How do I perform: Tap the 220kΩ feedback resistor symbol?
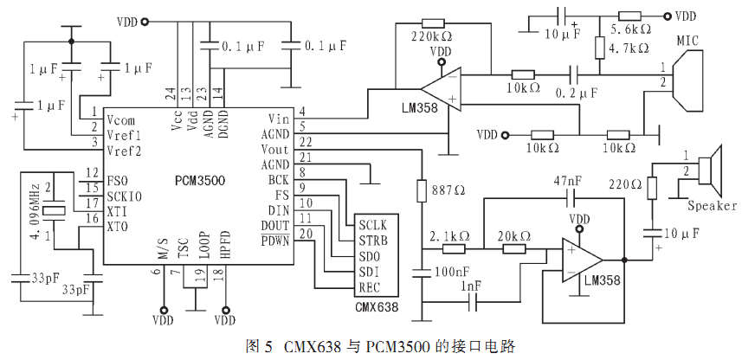click(x=433, y=23)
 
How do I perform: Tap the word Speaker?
click(x=712, y=206)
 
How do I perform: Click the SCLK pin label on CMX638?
click(x=372, y=225)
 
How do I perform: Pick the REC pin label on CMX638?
click(x=369, y=287)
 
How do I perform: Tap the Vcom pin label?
click(x=120, y=119)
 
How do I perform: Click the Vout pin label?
click(x=274, y=150)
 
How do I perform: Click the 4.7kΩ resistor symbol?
click(x=599, y=48)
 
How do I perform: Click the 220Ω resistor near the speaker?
click(x=653, y=189)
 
